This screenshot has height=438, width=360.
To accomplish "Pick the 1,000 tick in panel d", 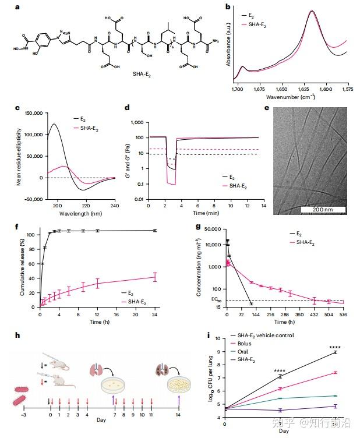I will [137, 123].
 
